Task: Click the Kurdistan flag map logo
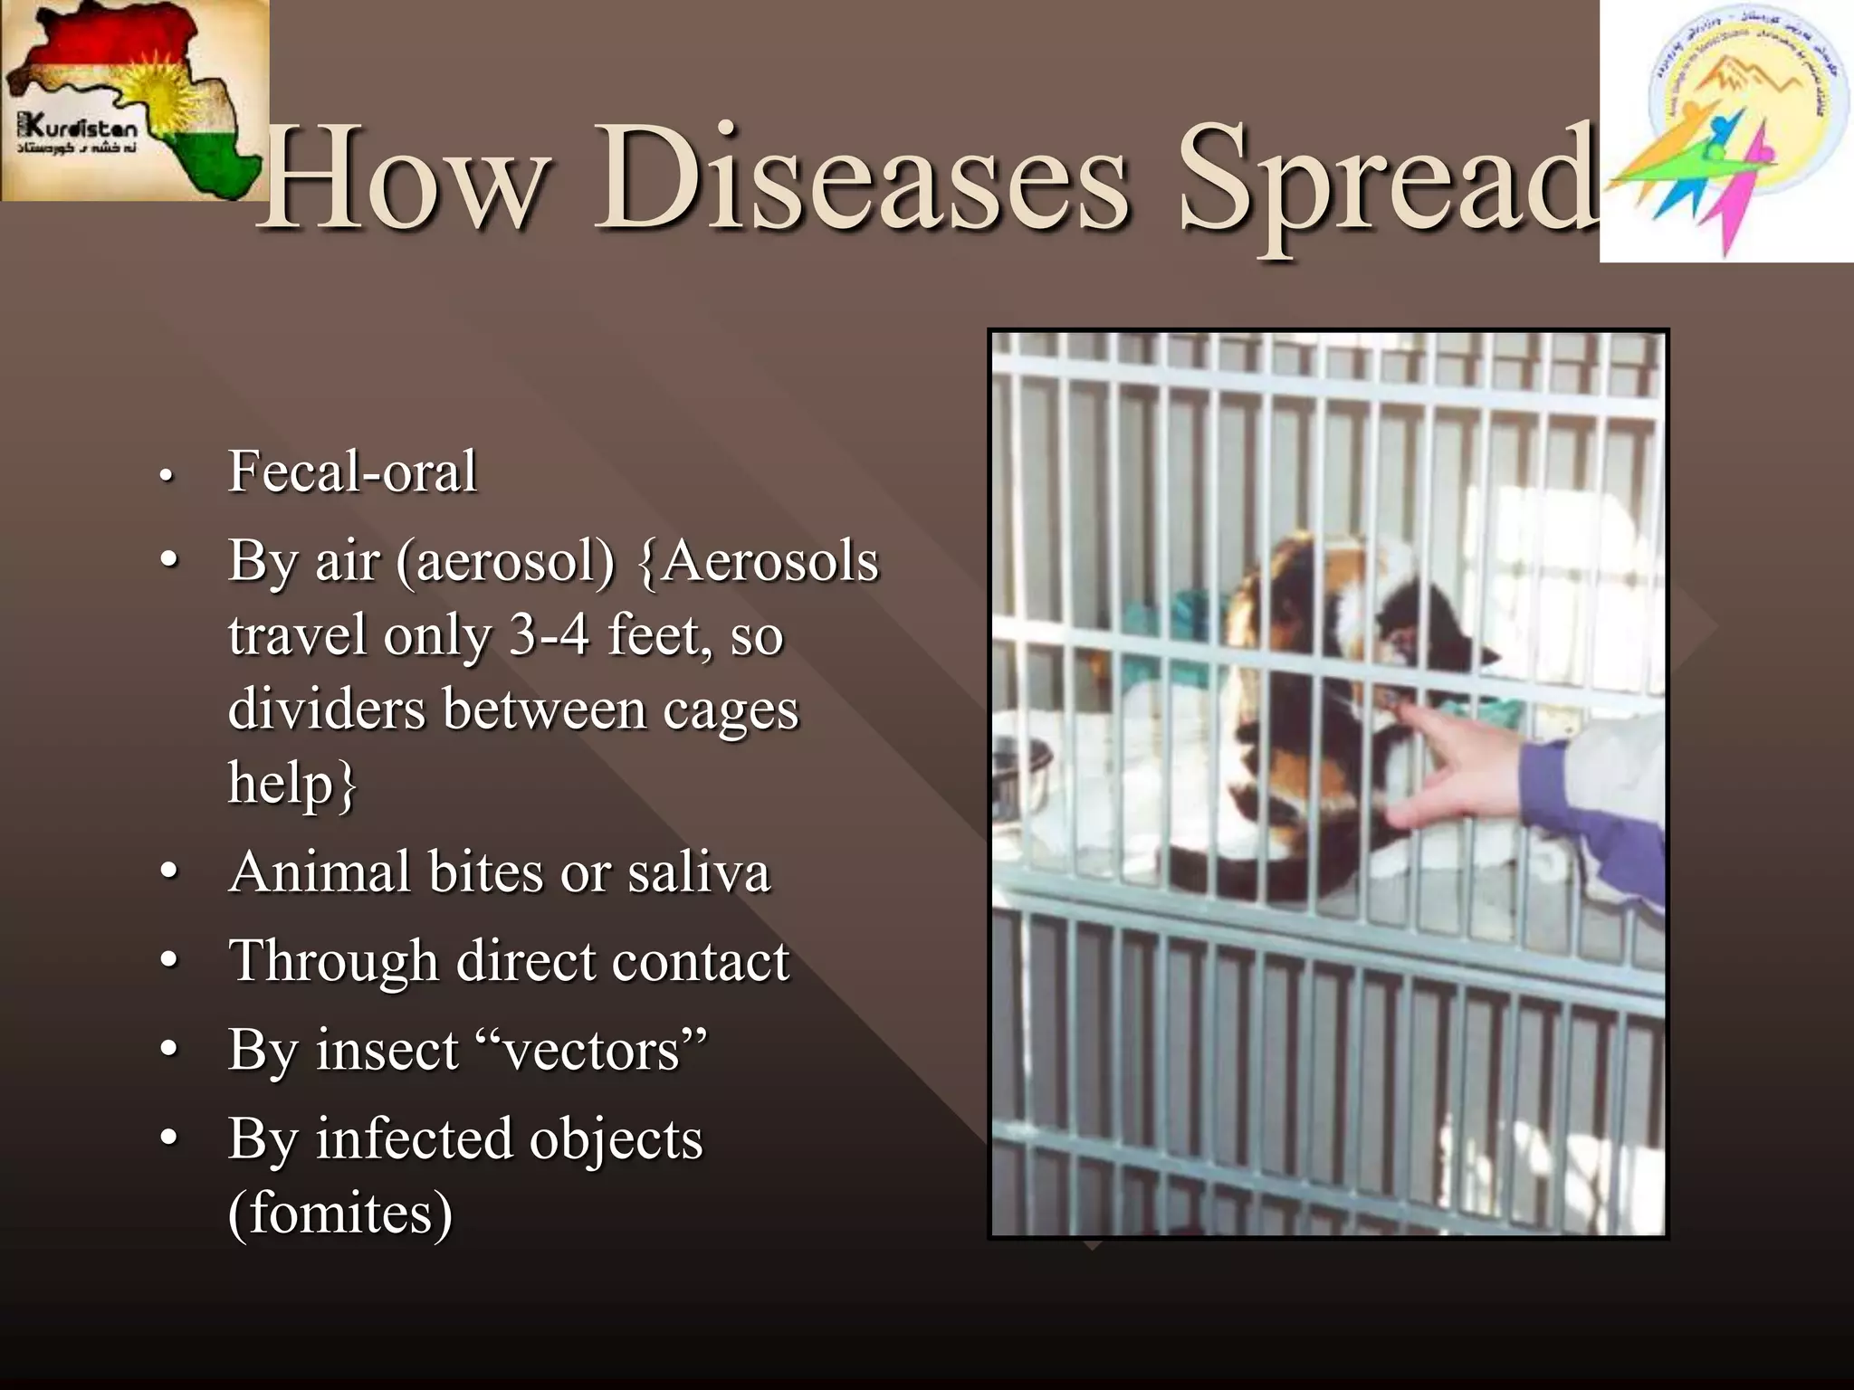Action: tap(134, 100)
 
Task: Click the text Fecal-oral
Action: tap(351, 471)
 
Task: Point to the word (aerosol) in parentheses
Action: tap(504, 562)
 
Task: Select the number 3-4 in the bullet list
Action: tap(549, 635)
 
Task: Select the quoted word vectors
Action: tap(592, 1051)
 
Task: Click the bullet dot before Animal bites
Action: tap(167, 872)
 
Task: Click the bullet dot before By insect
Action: tap(167, 1050)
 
